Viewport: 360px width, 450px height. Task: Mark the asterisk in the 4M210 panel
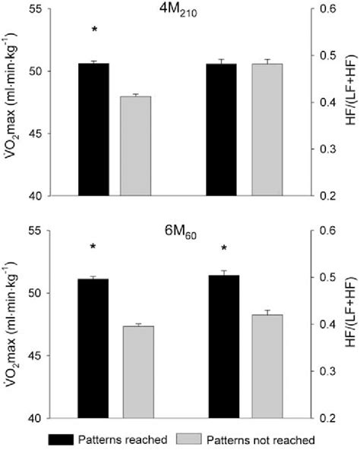(x=94, y=30)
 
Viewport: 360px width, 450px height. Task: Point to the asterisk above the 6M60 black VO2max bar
(x=93, y=247)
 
